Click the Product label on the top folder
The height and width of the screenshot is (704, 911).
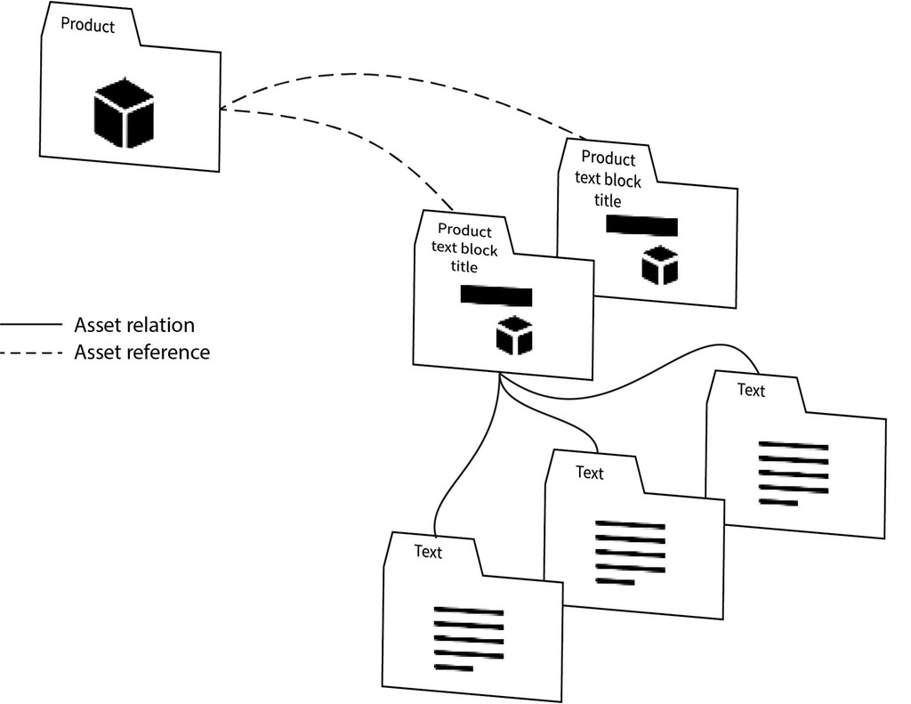pyautogui.click(x=87, y=26)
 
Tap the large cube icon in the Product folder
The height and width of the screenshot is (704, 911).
pyautogui.click(x=124, y=112)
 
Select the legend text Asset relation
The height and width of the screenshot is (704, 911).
pyautogui.click(x=133, y=325)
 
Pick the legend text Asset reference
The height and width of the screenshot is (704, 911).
pyautogui.click(x=142, y=352)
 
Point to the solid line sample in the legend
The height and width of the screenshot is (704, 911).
pyautogui.click(x=31, y=325)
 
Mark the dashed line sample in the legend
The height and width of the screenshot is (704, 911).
pyautogui.click(x=31, y=352)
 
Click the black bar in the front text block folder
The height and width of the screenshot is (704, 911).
pyautogui.click(x=496, y=296)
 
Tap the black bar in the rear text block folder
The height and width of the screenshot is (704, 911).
pyautogui.click(x=641, y=225)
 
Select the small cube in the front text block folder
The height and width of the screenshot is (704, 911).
pyautogui.click(x=514, y=335)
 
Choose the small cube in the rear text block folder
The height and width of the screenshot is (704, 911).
pyautogui.click(x=660, y=265)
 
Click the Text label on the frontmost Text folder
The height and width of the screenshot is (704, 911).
pyautogui.click(x=428, y=552)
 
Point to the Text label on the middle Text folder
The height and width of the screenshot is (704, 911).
pyautogui.click(x=589, y=473)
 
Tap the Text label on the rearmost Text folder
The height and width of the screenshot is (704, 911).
pyautogui.click(x=751, y=390)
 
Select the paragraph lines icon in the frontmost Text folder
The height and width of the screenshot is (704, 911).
pyautogui.click(x=468, y=638)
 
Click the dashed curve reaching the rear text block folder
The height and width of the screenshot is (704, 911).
pyautogui.click(x=400, y=77)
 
